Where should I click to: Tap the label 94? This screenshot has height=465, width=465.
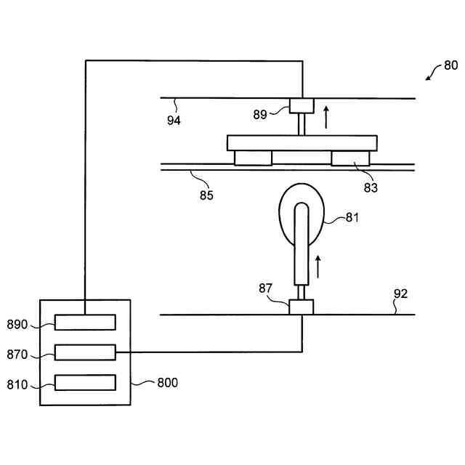coord(174,121)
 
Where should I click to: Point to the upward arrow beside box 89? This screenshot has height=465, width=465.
coord(326,116)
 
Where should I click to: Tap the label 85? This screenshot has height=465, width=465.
coord(206,194)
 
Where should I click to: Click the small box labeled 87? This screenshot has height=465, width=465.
coord(301,307)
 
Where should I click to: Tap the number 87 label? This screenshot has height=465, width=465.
coord(266,288)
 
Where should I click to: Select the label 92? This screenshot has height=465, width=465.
coord(400,294)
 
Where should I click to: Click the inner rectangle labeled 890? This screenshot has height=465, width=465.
coord(85,322)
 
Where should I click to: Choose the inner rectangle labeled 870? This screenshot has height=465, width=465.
coord(85,352)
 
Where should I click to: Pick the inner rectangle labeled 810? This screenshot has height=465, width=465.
coord(85,382)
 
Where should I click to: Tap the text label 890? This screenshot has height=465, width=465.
coord(17,325)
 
